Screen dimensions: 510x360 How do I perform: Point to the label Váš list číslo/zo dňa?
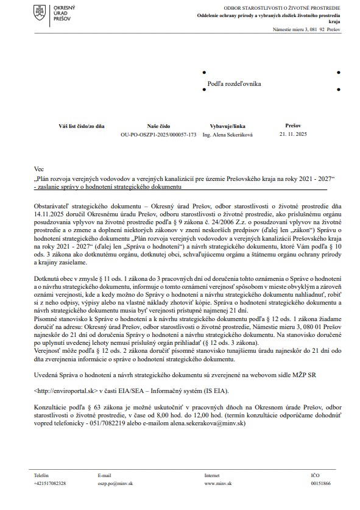[x=82, y=124]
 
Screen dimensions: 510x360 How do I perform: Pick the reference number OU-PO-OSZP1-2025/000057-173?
[x=159, y=133]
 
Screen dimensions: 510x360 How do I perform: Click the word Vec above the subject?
[x=39, y=168]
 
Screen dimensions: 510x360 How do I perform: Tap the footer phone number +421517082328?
[x=50, y=483]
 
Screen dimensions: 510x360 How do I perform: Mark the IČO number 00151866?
[x=320, y=483]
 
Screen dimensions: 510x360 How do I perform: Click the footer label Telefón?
[x=42, y=473]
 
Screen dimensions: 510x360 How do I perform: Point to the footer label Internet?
[x=213, y=473]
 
